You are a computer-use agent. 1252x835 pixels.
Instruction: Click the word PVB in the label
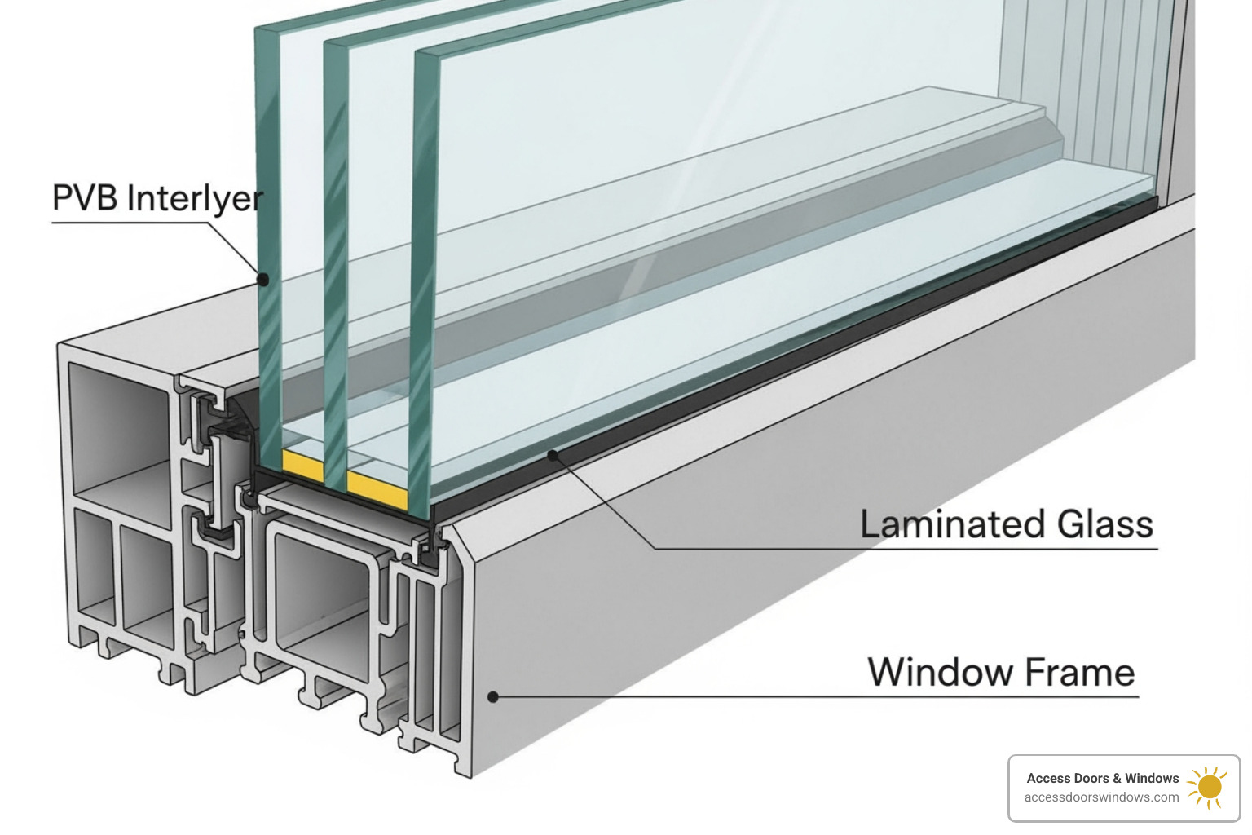coord(86,198)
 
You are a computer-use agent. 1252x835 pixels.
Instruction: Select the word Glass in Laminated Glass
coord(1105,524)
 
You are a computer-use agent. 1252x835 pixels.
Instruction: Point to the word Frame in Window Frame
coord(1080,673)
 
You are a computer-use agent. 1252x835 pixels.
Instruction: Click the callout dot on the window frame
coord(493,696)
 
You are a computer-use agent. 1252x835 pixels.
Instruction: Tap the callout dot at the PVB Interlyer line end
coord(263,280)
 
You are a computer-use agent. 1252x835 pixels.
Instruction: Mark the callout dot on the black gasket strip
coord(553,455)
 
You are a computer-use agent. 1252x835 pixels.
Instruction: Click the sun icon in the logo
coord(1208,787)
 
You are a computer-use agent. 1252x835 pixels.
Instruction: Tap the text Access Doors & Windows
coord(1102,778)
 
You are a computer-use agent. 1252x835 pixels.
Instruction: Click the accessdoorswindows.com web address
coord(1101,797)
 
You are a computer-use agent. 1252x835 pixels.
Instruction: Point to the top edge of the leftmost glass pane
coord(267,29)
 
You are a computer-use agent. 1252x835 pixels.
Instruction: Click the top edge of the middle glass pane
coord(336,42)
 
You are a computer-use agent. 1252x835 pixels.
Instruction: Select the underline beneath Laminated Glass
coord(905,549)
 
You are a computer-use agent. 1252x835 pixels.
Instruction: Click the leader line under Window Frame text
coord(815,697)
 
